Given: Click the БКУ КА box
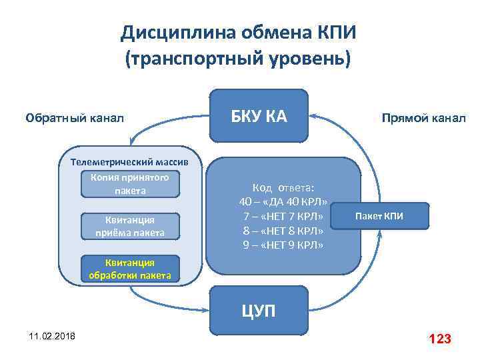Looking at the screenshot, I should point(259,117).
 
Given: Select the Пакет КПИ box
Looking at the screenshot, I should point(379,216).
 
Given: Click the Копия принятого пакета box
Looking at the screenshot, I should point(131,184).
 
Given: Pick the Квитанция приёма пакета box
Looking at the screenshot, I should point(131,226).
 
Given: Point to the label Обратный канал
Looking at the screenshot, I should point(75,119).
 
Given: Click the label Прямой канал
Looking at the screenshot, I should point(423,119).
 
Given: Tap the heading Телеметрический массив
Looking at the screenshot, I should point(130,162).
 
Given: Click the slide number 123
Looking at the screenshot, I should point(440,339).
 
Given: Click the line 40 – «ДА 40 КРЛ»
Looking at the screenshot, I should point(283,201).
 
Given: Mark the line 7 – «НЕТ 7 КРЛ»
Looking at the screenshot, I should point(283,216).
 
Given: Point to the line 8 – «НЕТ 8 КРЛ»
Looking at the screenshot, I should point(283,231).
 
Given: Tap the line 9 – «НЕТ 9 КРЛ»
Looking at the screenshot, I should point(283,245).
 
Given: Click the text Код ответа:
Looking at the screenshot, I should point(283,187).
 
